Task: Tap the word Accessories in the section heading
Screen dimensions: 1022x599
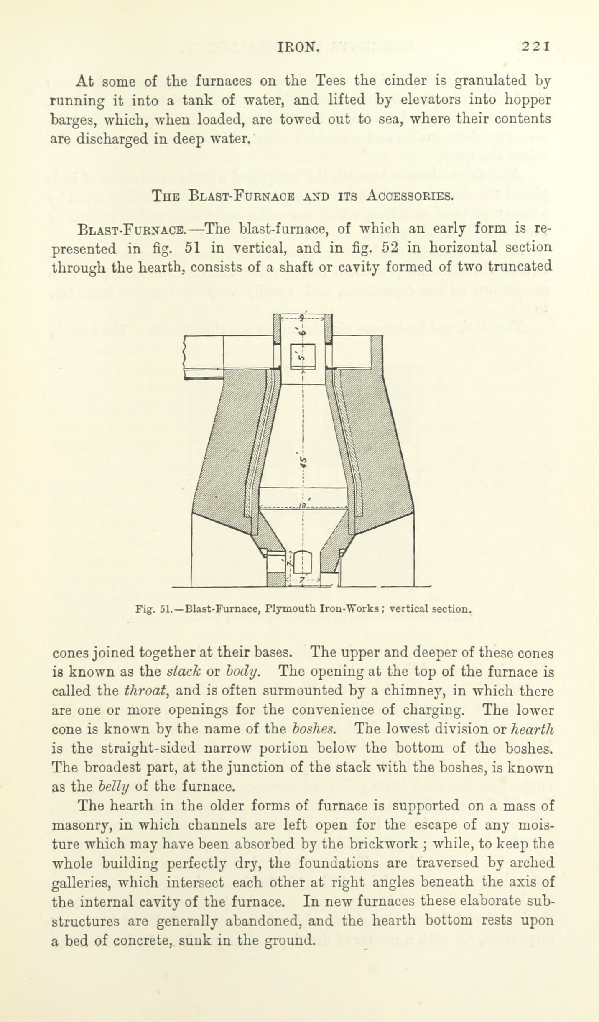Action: (x=409, y=195)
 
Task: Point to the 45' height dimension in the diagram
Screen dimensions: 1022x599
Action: (x=304, y=460)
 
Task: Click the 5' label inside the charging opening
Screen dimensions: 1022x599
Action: (x=303, y=357)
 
